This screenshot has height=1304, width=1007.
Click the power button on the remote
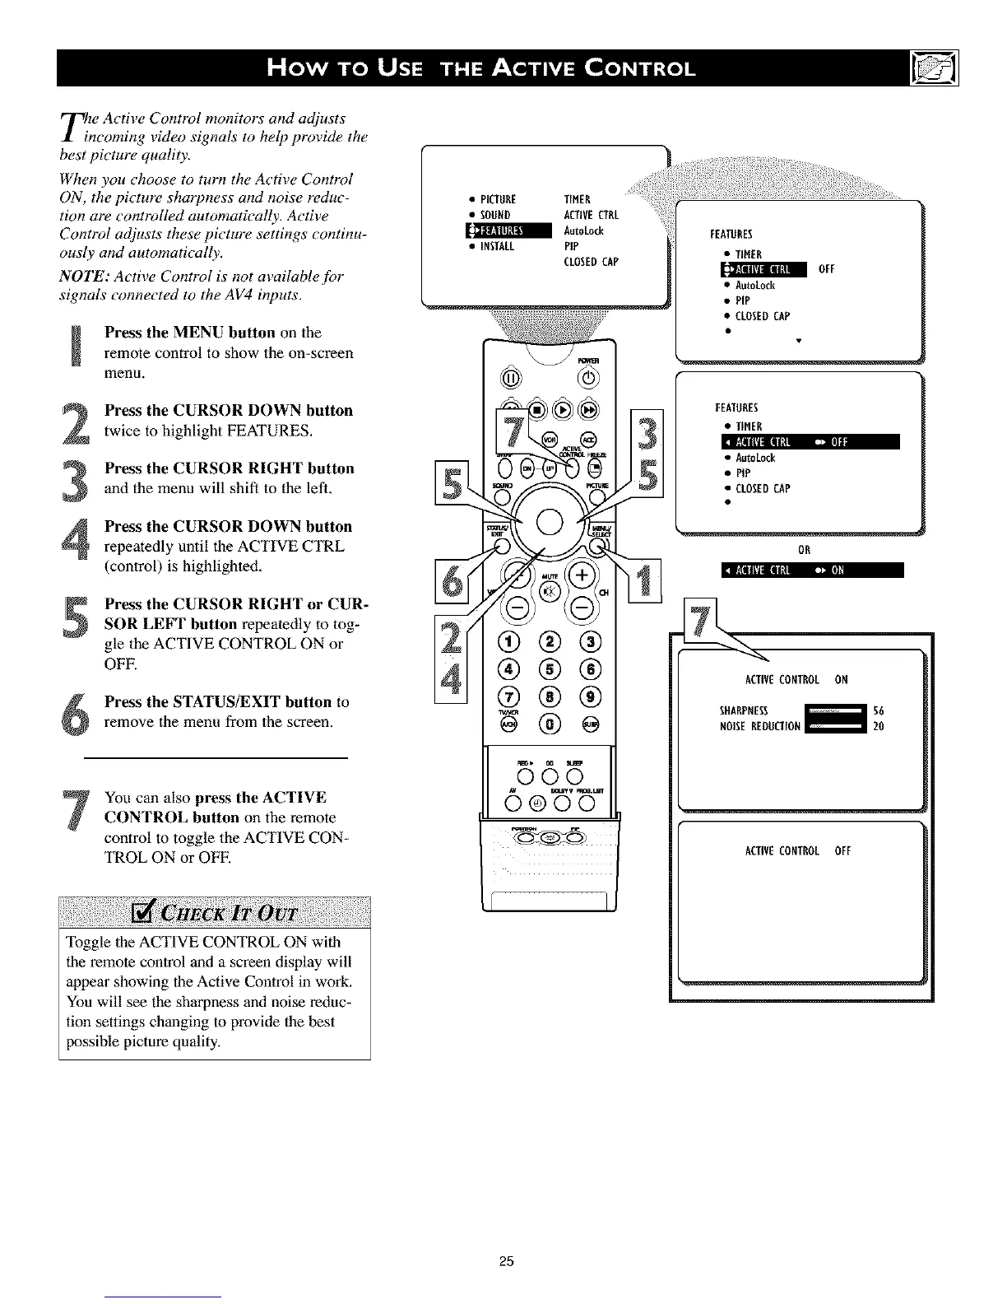[x=590, y=378]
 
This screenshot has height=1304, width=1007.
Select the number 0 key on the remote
[x=550, y=724]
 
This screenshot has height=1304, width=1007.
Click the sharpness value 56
[x=878, y=710]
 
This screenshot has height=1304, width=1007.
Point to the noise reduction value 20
[x=878, y=726]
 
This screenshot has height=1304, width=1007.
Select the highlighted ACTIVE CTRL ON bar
[x=811, y=570]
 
